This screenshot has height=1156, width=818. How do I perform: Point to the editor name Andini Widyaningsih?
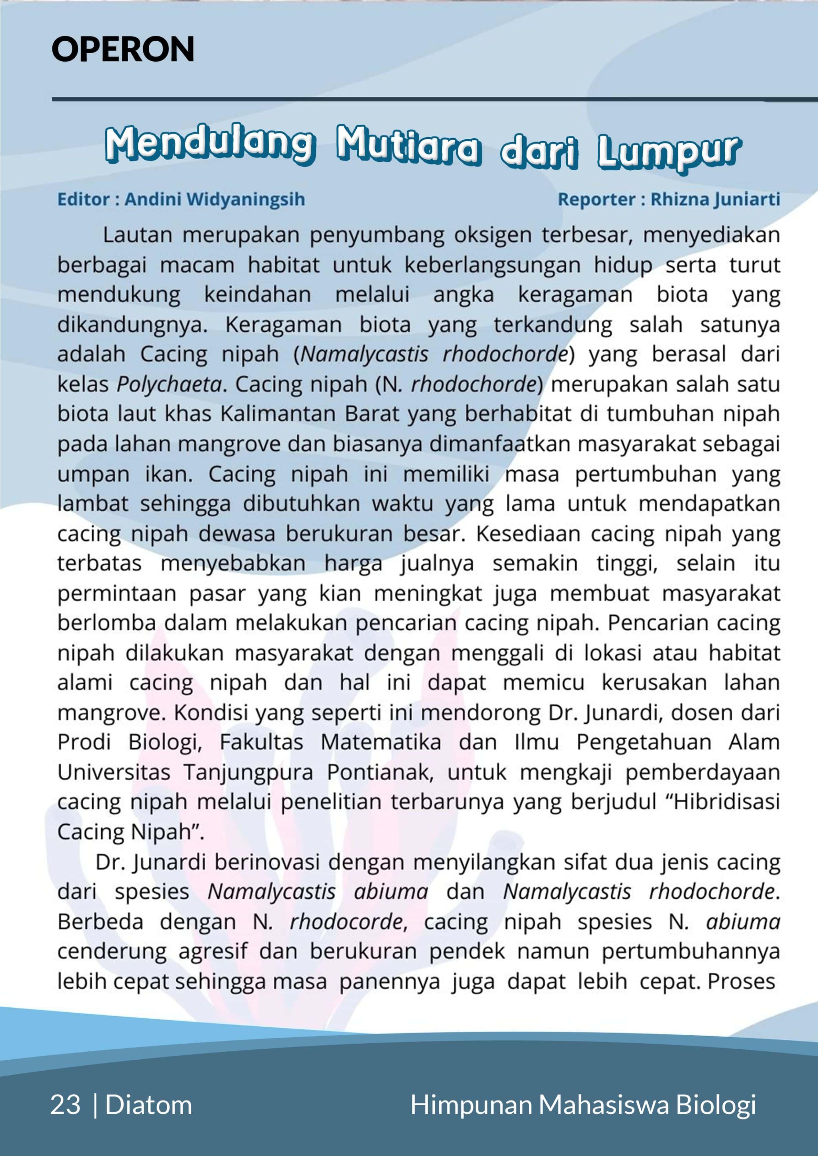tap(215, 200)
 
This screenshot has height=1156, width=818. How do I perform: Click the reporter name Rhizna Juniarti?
tap(715, 200)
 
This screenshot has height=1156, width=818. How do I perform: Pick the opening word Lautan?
tap(137, 235)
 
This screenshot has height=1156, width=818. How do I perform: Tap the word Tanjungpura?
tap(248, 772)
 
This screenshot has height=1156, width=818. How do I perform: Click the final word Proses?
tap(742, 981)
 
